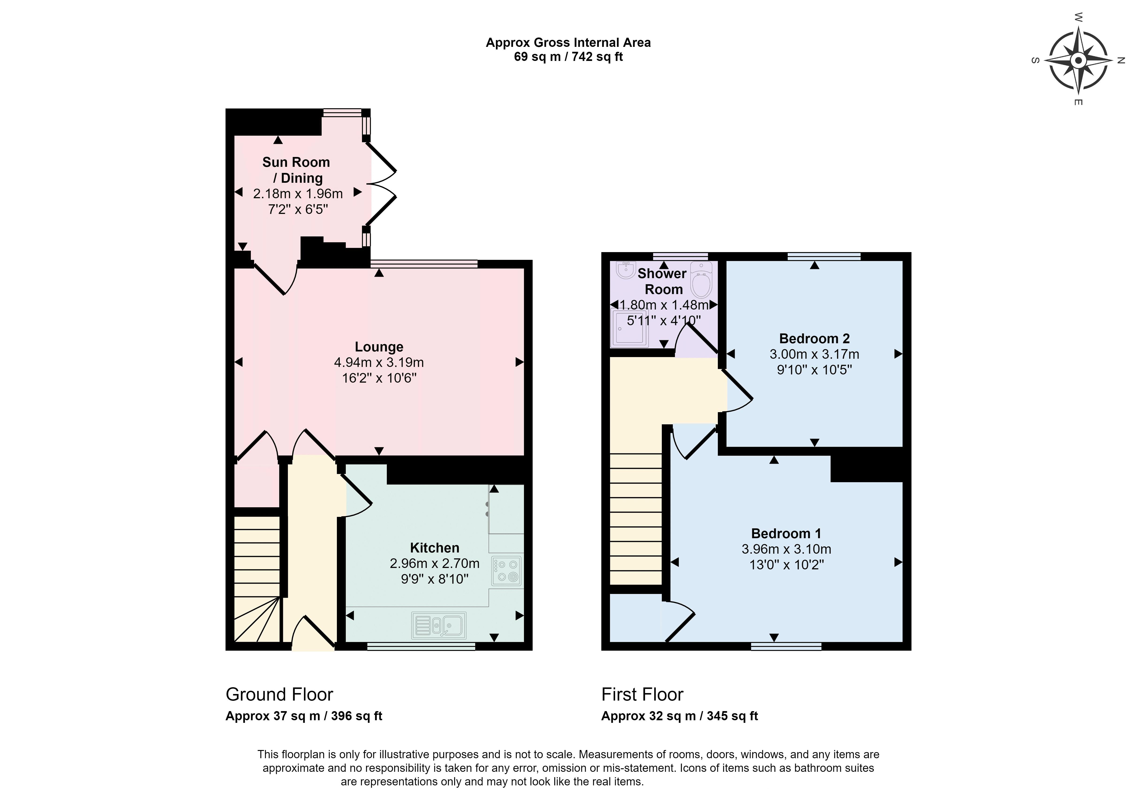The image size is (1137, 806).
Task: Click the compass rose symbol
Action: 1078,60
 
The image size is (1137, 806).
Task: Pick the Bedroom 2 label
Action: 814,339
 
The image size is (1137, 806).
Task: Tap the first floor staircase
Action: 636,519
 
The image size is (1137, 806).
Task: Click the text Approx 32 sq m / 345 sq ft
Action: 679,716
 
